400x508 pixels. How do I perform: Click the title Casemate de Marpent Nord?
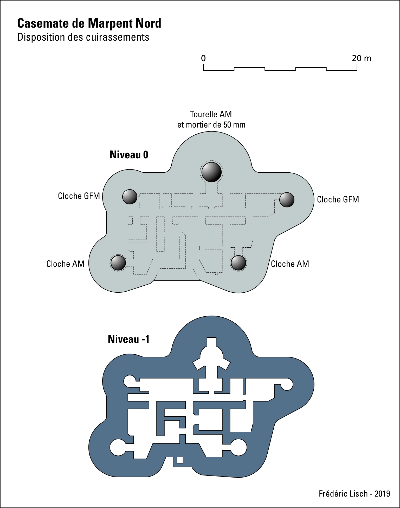coord(89,23)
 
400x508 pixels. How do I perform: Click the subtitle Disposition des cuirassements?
coord(83,37)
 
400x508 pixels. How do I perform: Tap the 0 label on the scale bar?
coord(203,58)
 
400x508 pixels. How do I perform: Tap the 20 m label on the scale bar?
coord(362,58)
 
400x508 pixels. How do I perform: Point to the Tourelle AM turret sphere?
coord(212,172)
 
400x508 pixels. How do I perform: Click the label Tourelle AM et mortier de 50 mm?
coord(211,120)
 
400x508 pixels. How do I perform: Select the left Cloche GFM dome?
coord(130,197)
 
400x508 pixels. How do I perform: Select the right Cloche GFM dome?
coord(287,200)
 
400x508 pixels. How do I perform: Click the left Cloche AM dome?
coord(118,263)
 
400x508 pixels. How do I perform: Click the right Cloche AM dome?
coord(238,263)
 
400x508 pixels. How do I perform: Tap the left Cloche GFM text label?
coord(79,196)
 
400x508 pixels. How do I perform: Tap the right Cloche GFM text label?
coord(338,200)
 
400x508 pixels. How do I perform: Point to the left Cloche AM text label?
coord(65,264)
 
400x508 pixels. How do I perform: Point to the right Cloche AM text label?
coord(290,264)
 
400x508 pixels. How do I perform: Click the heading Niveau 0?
coord(129,155)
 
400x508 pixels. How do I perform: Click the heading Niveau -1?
coord(129,339)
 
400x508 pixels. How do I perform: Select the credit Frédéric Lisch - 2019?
coord(354,494)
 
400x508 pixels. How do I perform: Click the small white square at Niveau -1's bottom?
coord(180,460)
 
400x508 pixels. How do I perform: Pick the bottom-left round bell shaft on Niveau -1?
coord(118,447)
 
